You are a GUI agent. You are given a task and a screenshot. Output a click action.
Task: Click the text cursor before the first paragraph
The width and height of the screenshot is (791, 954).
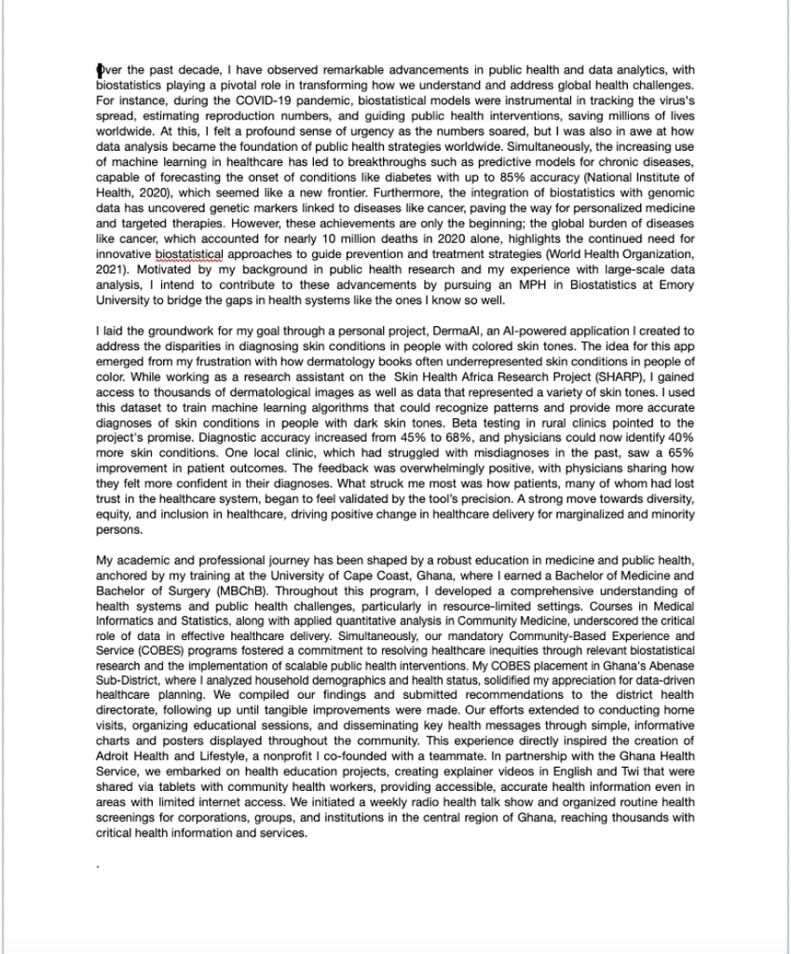click(99, 69)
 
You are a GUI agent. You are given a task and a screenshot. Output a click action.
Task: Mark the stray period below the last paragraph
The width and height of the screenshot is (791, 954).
click(98, 867)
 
